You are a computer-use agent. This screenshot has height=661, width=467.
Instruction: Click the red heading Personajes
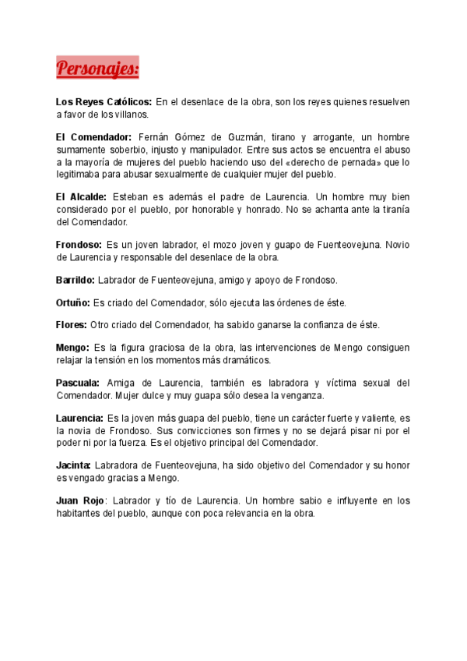(97, 69)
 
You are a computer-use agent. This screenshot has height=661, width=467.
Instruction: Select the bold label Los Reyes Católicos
(104, 102)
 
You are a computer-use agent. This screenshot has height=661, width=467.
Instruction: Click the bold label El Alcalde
(81, 197)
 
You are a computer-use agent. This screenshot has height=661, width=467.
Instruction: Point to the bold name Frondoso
(79, 244)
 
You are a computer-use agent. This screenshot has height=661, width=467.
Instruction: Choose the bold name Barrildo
(75, 279)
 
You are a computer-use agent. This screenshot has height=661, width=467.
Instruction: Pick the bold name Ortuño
(73, 302)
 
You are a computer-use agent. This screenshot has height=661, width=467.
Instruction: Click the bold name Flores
(71, 324)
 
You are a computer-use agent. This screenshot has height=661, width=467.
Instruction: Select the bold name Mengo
(72, 348)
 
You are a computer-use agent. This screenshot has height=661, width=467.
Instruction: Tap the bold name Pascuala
(78, 383)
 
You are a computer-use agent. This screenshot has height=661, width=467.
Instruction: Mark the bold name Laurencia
(79, 418)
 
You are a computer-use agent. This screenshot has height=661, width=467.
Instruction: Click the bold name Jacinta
(74, 465)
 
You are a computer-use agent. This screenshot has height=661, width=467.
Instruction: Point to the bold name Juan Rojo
(80, 500)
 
